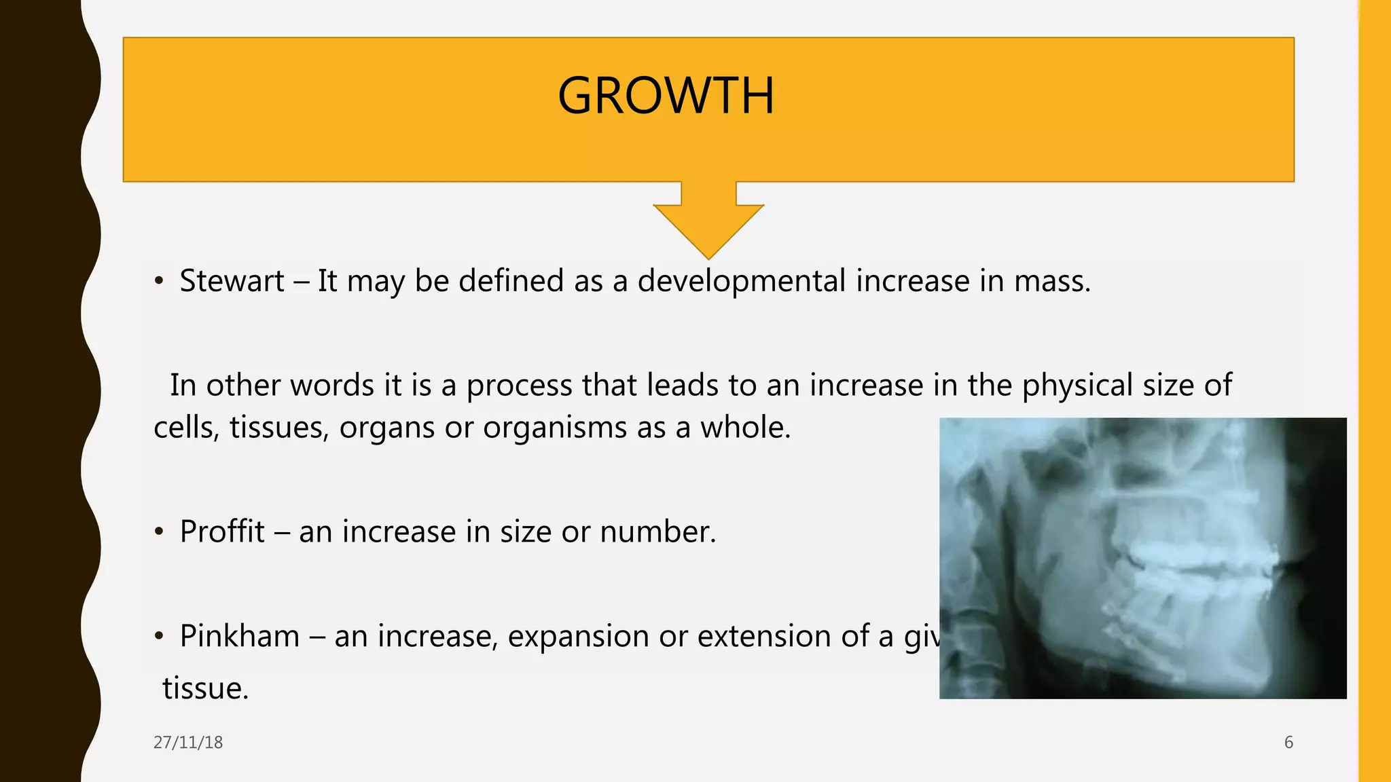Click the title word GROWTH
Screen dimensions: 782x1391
tap(666, 96)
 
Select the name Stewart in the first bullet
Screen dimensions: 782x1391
tap(232, 281)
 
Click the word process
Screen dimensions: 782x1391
tap(519, 386)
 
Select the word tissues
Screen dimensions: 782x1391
tap(279, 428)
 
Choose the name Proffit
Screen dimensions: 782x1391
tap(222, 532)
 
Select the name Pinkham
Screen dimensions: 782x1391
tap(240, 636)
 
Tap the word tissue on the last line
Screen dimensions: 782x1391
tap(205, 688)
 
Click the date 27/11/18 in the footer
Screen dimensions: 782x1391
tap(188, 743)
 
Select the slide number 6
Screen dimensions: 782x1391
tap(1288, 743)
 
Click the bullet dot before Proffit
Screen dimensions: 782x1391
tap(159, 532)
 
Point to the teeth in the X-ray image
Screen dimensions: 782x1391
tap(1195, 563)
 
